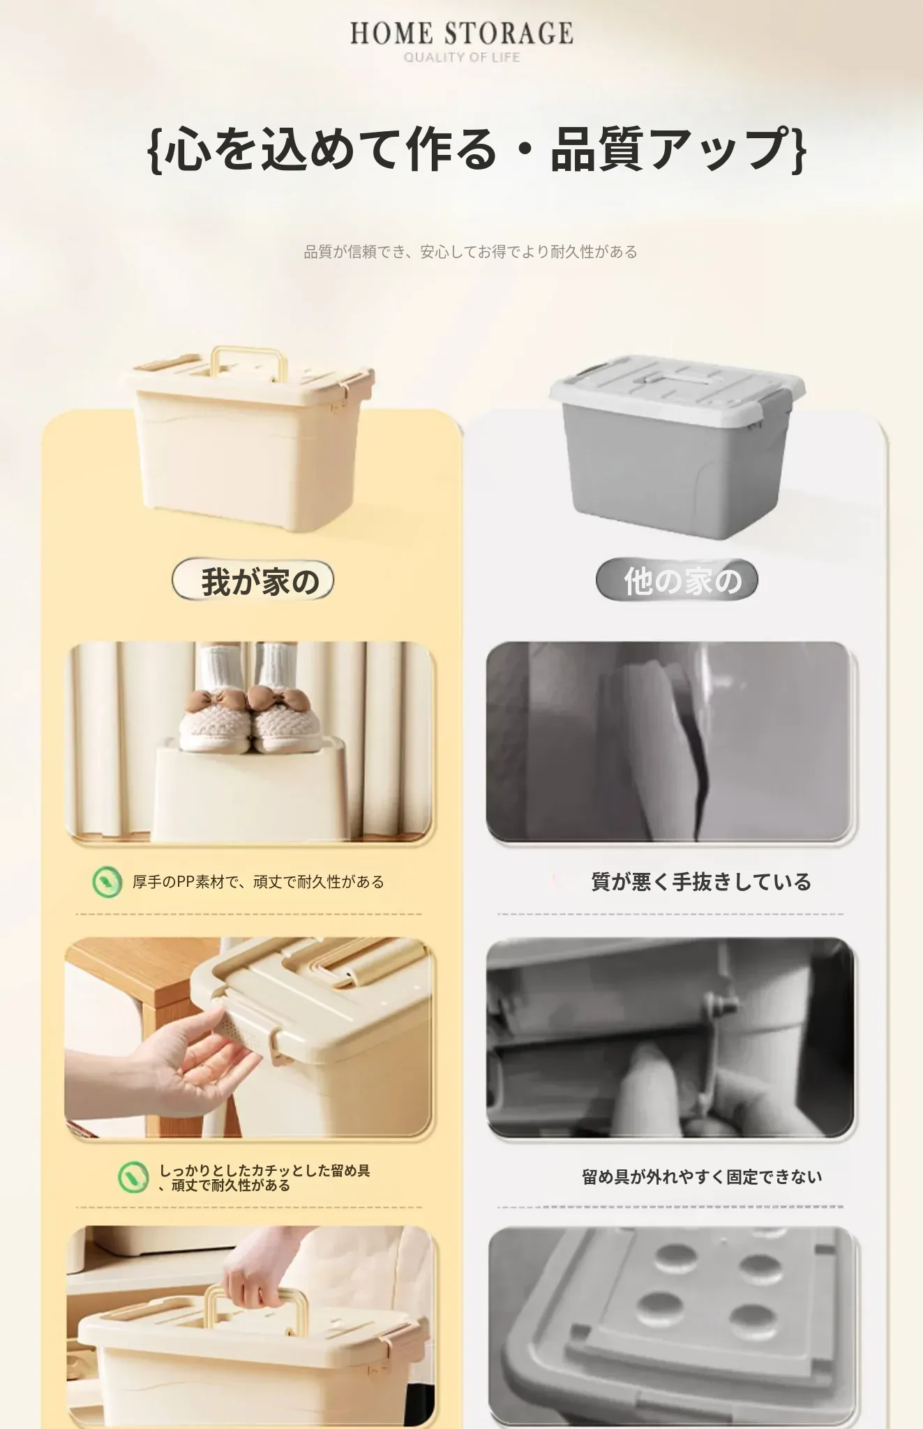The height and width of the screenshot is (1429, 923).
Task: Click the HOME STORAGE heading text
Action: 461,33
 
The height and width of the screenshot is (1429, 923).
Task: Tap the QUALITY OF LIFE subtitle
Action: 462,57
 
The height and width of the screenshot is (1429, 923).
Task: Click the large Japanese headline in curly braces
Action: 478,149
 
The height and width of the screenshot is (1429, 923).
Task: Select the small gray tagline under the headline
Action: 470,252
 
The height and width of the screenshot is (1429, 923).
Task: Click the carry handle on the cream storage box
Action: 250,361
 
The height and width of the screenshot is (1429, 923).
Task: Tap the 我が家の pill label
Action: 253,581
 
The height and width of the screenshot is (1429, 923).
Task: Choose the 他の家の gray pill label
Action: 677,581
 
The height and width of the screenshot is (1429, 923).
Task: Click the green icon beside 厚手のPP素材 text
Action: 107,882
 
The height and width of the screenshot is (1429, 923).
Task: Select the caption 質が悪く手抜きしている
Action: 701,882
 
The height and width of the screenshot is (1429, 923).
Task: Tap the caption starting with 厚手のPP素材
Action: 258,882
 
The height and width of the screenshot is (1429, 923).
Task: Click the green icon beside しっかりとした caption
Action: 133,1177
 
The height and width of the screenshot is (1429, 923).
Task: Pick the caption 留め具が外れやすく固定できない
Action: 702,1177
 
